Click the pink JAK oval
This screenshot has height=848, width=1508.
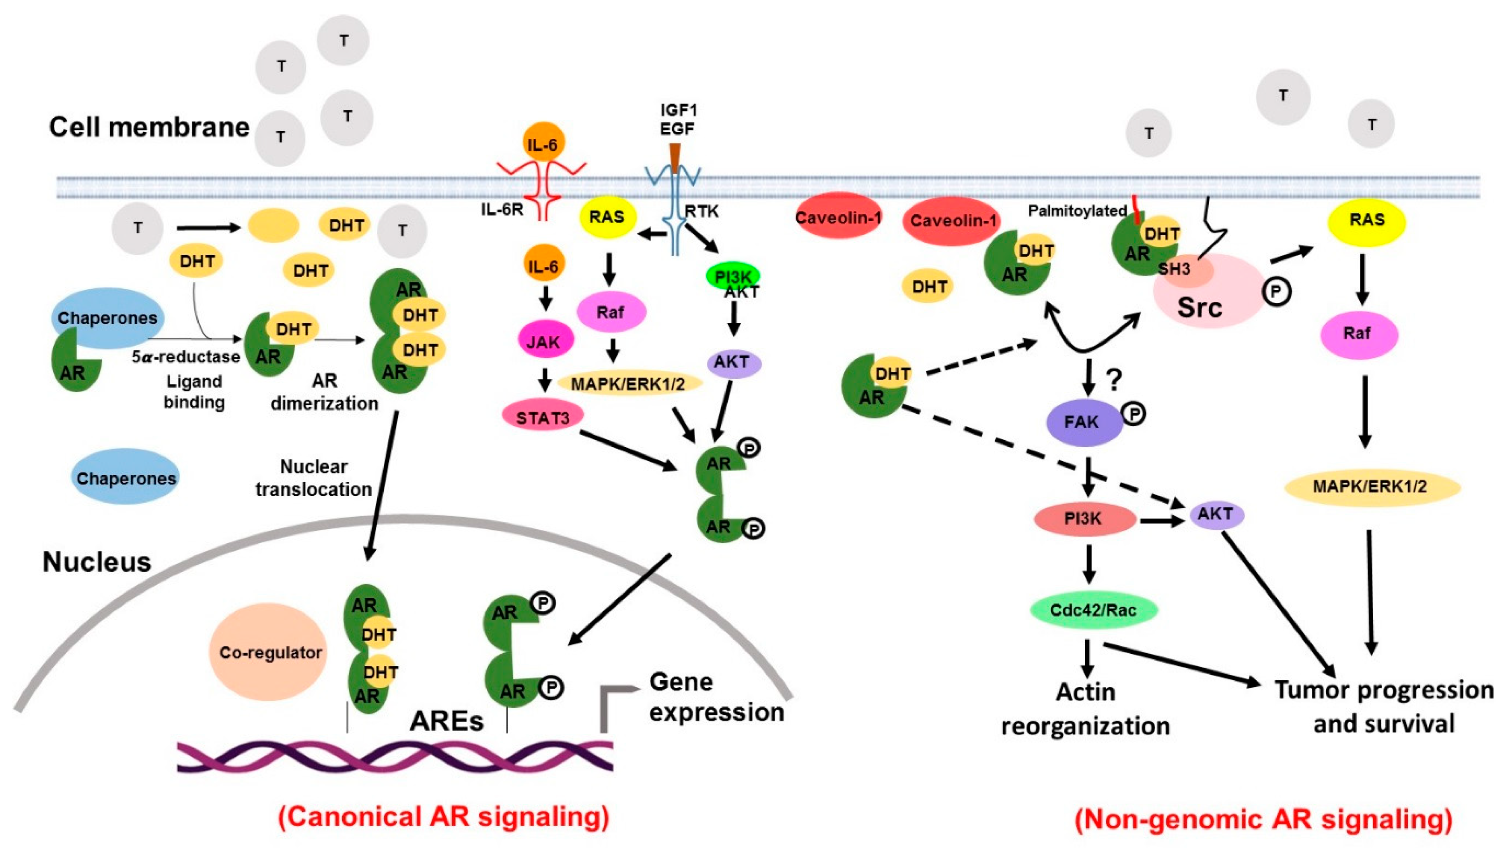tap(545, 341)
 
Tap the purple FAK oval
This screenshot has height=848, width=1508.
tap(1084, 422)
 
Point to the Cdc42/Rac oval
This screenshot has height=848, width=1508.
tap(1093, 610)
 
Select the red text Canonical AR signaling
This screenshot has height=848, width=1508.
tap(444, 816)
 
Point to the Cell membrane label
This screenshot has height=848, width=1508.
tap(149, 127)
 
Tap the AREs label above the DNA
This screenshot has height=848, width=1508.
tap(446, 721)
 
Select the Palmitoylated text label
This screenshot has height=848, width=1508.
tap(1077, 211)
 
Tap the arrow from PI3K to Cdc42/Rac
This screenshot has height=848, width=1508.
tap(1088, 564)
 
